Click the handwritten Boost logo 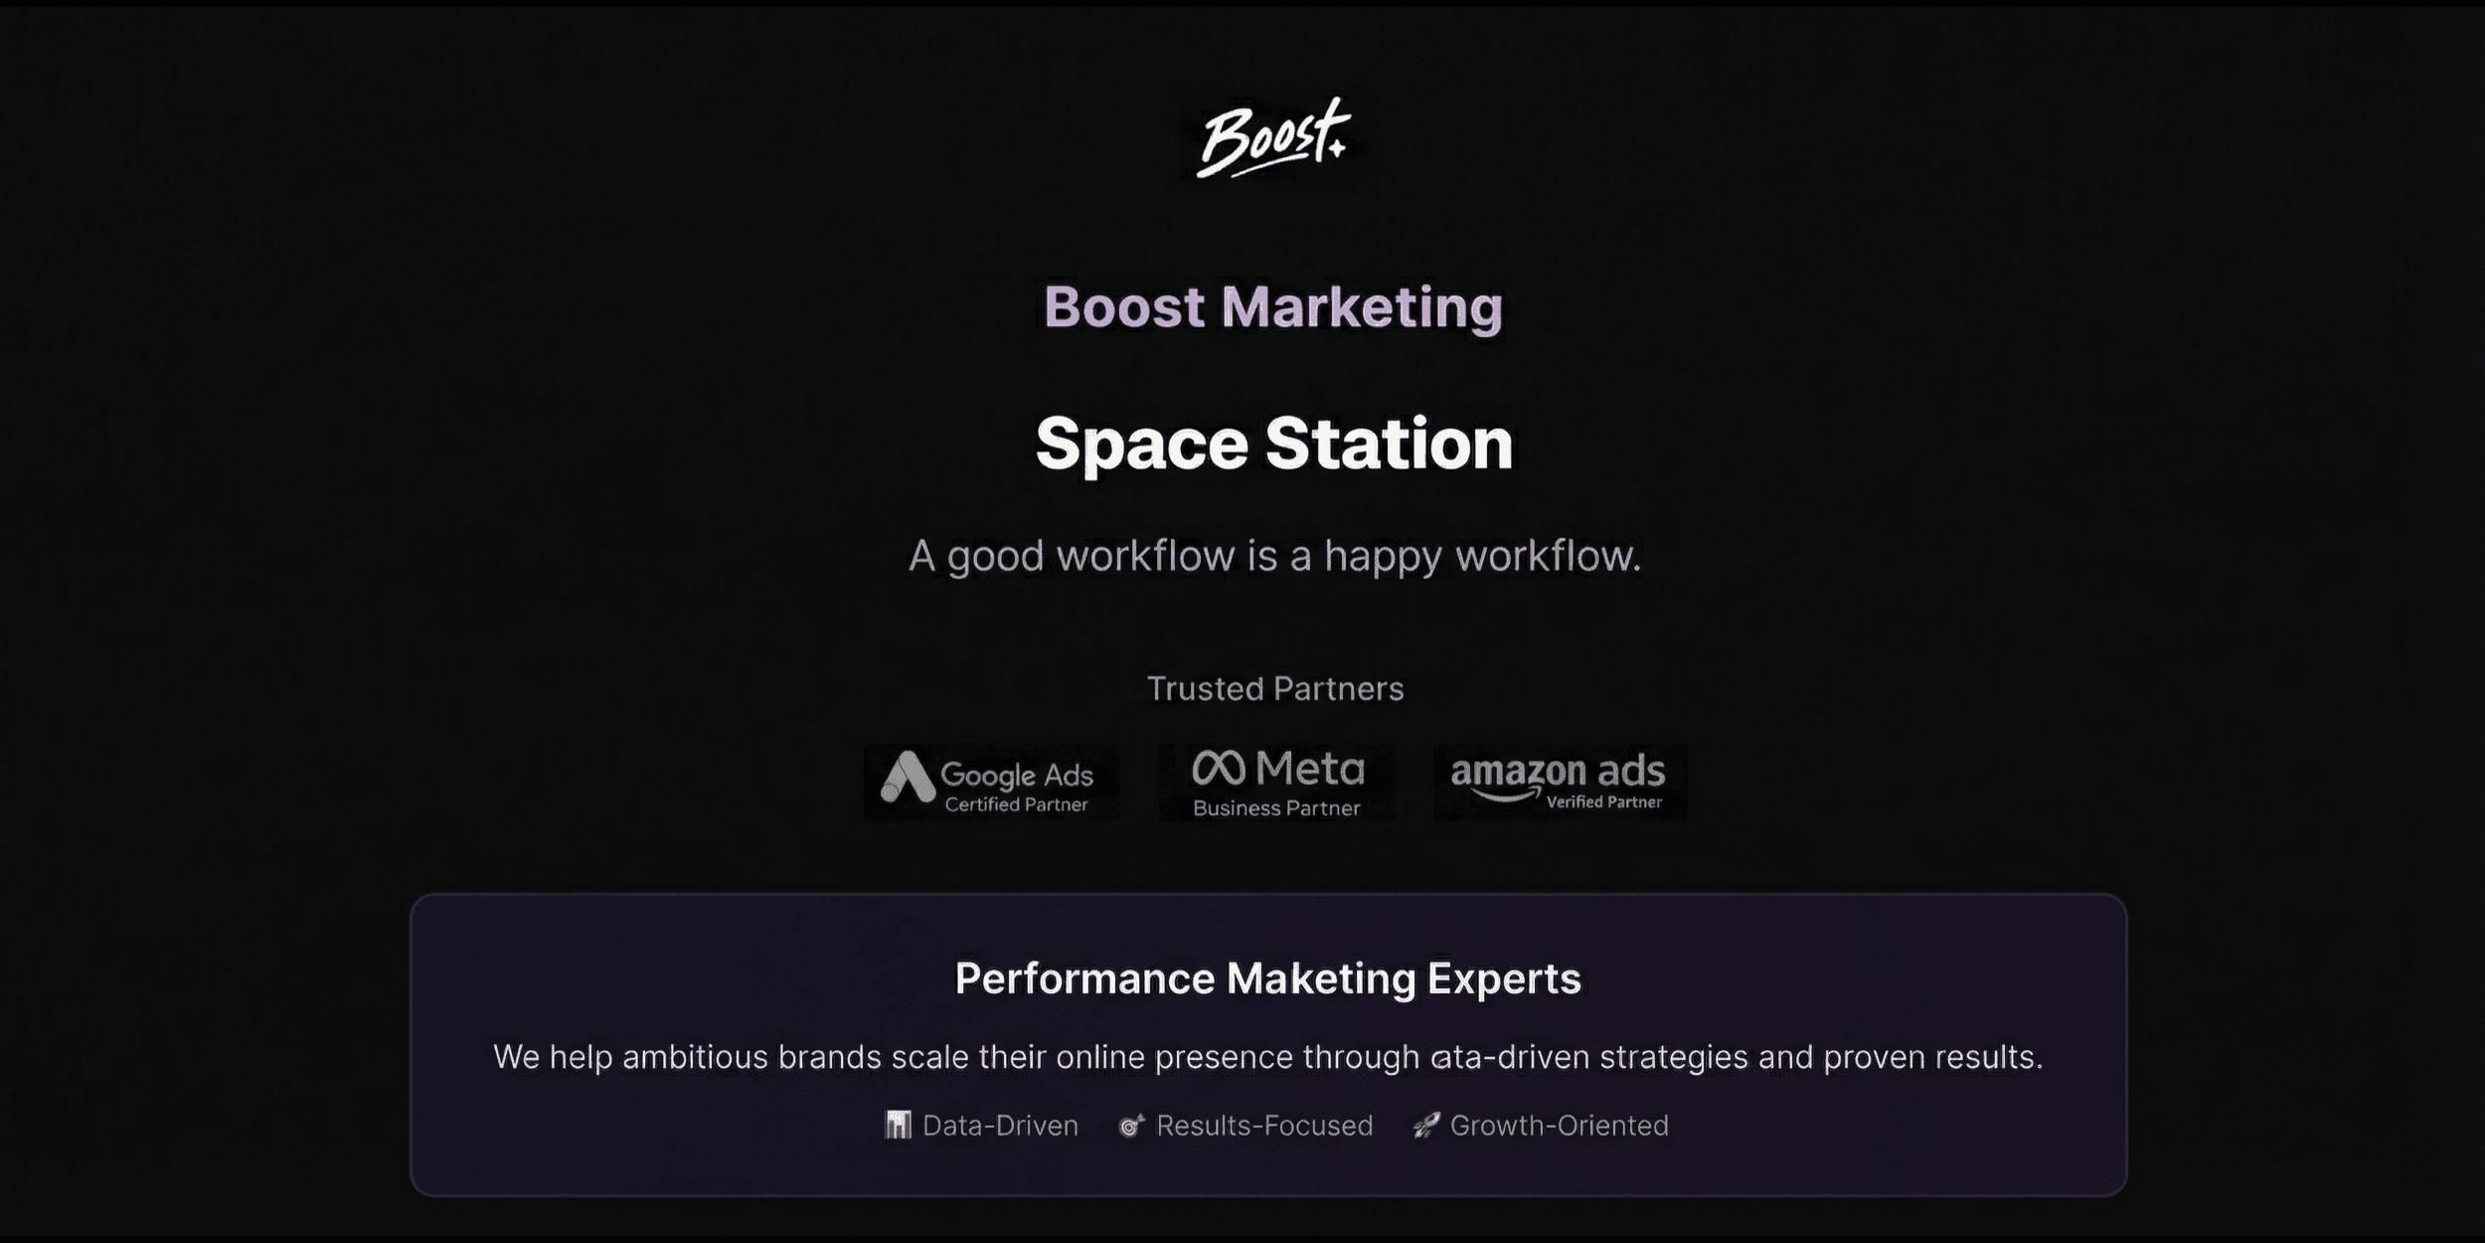[1273, 139]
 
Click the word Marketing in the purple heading [1362, 306]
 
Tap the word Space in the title [1141, 444]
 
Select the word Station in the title [1390, 443]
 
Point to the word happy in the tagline [1383, 557]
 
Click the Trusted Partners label [1275, 688]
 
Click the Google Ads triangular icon [908, 777]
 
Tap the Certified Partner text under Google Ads [1016, 804]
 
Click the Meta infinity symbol [1219, 768]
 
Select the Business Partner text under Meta [1276, 808]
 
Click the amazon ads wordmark [1558, 773]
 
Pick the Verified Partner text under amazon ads [1603, 801]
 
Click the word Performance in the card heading [1084, 978]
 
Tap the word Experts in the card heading [1504, 979]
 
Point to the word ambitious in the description [696, 1056]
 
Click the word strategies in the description [1674, 1057]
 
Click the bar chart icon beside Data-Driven [899, 1125]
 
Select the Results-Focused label [1264, 1126]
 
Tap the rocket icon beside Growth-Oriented [1426, 1126]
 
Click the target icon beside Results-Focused [1131, 1126]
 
